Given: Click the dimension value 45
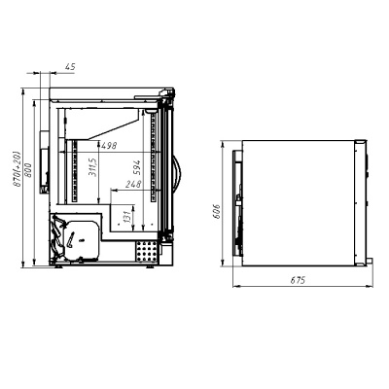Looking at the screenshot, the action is [70, 67].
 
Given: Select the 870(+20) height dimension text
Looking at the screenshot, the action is [18, 168].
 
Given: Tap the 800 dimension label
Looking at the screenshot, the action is [28, 170].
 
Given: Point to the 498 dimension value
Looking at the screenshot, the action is [109, 146].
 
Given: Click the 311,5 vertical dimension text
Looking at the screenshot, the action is [91, 167].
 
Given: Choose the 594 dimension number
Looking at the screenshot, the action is [137, 167].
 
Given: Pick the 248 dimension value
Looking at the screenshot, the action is [133, 184].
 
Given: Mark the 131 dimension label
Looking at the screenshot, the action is [127, 216].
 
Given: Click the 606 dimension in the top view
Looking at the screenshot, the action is [216, 211].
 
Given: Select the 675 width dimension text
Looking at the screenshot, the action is [298, 280].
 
